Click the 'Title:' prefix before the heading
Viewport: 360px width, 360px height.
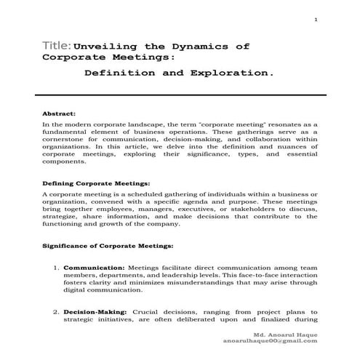pyautogui.click(x=57, y=46)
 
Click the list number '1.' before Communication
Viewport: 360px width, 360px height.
pyautogui.click(x=56, y=268)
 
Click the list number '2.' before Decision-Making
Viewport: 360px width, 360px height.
pyautogui.click(x=56, y=311)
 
